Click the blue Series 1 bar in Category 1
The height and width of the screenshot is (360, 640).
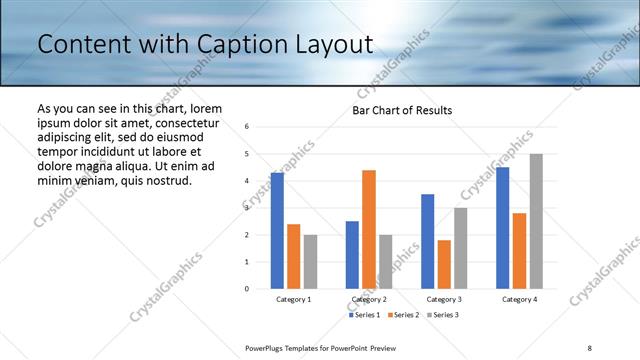277,230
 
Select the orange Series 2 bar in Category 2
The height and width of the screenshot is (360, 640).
369,229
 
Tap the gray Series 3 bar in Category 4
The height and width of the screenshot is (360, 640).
536,221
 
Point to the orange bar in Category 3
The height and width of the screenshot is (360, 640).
444,264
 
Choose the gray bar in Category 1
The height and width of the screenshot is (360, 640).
310,261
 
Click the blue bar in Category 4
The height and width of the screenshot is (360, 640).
503,227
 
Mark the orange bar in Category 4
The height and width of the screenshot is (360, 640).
519,250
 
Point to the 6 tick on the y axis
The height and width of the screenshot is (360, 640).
247,127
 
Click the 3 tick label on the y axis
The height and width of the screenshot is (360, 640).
247,208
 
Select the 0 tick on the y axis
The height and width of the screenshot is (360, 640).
247,289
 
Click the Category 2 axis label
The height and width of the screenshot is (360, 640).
369,299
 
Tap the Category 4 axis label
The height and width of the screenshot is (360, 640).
519,299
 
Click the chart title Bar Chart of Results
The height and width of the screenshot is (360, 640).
402,110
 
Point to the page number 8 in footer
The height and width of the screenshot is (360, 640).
590,347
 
